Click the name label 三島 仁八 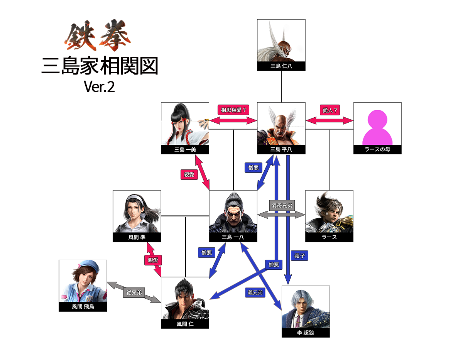click(281, 66)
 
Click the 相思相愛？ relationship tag click(233, 110)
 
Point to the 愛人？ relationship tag click(329, 110)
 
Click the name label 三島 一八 click(233, 237)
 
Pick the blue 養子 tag click(299, 256)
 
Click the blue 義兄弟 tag click(255, 293)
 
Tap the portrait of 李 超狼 click(306, 307)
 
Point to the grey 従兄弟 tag click(133, 293)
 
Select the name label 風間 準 click(137, 237)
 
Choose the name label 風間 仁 click(185, 324)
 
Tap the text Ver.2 click(99, 87)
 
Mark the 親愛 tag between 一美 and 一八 click(189, 175)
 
